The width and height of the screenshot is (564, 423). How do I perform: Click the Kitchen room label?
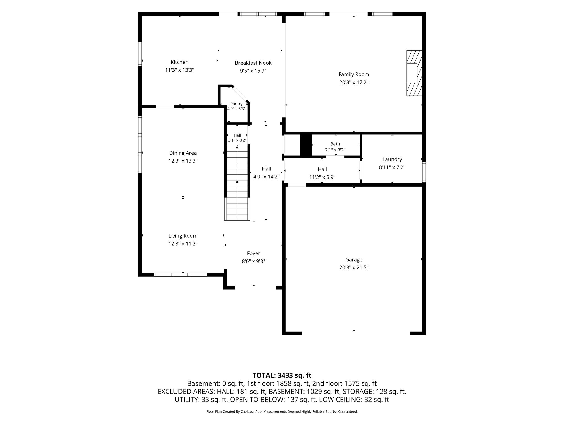180,62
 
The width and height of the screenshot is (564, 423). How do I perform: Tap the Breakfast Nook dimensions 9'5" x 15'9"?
253,71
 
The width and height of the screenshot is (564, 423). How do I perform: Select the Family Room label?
354,74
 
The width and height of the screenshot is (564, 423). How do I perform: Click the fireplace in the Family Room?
414,73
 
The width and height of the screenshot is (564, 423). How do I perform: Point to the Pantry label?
236,104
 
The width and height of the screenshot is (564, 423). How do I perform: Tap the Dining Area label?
183,153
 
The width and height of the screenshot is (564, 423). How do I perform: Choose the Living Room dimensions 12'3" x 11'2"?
183,244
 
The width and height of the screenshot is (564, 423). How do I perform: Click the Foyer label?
253,253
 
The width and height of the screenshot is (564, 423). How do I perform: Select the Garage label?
354,260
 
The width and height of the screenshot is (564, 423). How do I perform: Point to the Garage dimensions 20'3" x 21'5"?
354,267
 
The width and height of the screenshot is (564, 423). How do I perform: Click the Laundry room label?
392,159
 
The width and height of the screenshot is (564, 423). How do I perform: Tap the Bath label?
335,144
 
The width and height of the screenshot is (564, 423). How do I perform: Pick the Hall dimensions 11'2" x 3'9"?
322,177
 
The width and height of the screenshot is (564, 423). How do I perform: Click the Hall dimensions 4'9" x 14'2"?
266,177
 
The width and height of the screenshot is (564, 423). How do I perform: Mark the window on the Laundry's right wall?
424,172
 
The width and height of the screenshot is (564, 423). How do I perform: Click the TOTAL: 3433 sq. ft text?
282,375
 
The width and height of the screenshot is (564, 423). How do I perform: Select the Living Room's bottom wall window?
180,275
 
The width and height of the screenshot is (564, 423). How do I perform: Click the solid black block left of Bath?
306,145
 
